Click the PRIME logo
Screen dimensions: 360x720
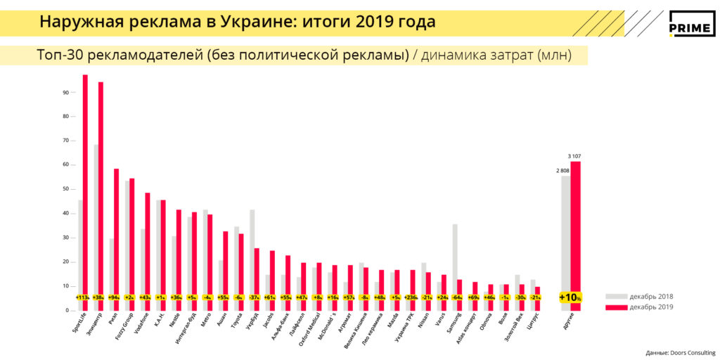(692, 25)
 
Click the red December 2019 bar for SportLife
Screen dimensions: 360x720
(85, 183)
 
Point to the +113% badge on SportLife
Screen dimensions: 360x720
(82, 298)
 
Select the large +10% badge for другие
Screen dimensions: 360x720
(570, 297)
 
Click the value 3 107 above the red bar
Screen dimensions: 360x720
(576, 155)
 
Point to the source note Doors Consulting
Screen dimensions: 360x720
(681, 352)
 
